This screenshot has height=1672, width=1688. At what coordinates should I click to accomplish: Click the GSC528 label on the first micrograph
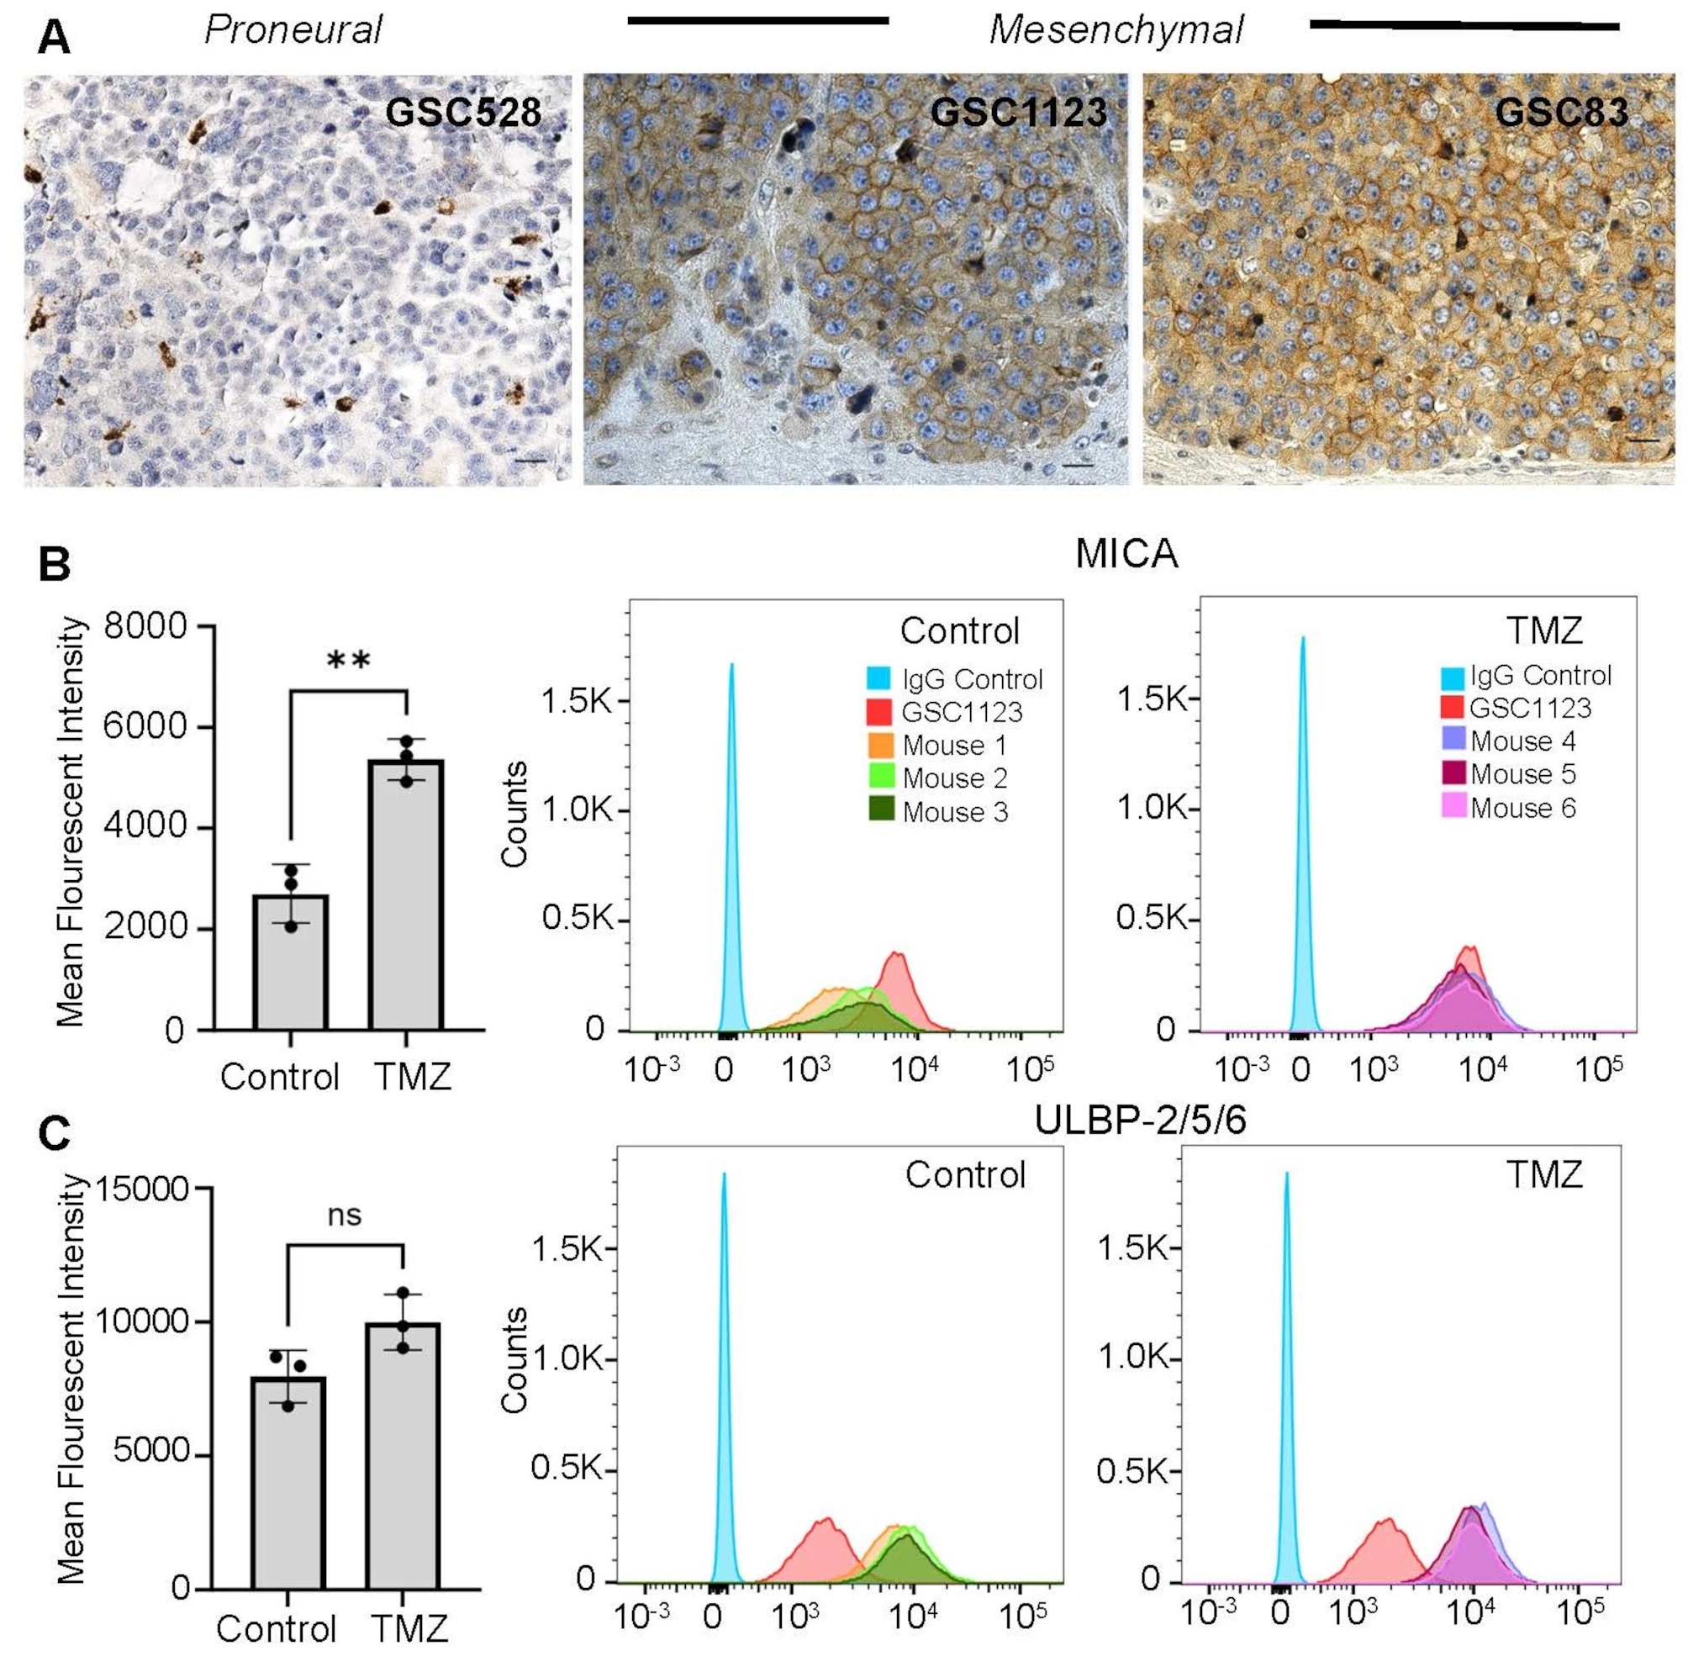pyautogui.click(x=463, y=112)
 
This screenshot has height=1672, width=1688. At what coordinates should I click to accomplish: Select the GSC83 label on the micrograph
pyautogui.click(x=1561, y=112)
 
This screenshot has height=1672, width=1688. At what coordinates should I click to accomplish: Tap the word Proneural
pyautogui.click(x=293, y=29)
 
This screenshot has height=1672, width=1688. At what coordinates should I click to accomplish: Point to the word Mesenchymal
pyautogui.click(x=1116, y=29)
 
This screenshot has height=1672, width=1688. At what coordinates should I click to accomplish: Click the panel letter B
pyautogui.click(x=54, y=563)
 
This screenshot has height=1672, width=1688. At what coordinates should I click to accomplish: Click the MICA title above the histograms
pyautogui.click(x=1126, y=554)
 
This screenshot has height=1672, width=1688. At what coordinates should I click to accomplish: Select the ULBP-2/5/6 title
pyautogui.click(x=1139, y=1120)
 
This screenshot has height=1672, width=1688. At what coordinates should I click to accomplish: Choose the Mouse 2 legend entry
pyautogui.click(x=954, y=778)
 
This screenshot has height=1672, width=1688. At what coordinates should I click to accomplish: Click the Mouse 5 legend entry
pyautogui.click(x=1523, y=774)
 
